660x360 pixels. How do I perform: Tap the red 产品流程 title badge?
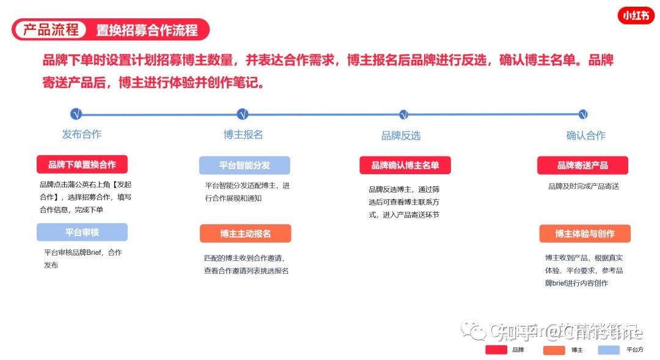pyautogui.click(x=51, y=29)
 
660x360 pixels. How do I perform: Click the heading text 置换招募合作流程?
pyautogui.click(x=147, y=30)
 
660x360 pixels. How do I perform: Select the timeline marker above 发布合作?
pyautogui.click(x=76, y=114)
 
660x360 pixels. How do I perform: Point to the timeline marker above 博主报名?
pyautogui.click(x=243, y=114)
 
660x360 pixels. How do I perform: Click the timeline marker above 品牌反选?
pyautogui.click(x=403, y=114)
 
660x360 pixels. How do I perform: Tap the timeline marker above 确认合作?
pyautogui.click(x=583, y=114)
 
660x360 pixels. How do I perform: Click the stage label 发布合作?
pyautogui.click(x=81, y=134)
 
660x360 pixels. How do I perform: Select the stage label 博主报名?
pyautogui.click(x=243, y=134)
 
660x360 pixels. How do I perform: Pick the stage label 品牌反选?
pyautogui.click(x=401, y=136)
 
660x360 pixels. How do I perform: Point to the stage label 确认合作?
pyautogui.click(x=585, y=136)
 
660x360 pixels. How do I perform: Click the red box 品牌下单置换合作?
pyautogui.click(x=82, y=164)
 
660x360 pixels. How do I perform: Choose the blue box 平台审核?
pyautogui.click(x=82, y=232)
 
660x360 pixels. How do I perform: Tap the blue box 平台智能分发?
pyautogui.click(x=244, y=165)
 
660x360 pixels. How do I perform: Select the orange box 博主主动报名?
pyautogui.click(x=245, y=233)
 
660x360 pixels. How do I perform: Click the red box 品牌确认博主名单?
pyautogui.click(x=405, y=165)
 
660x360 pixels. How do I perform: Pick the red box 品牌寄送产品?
pyautogui.click(x=582, y=165)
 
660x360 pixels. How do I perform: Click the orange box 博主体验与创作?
pyautogui.click(x=585, y=233)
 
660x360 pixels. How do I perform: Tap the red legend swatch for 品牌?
pyautogui.click(x=496, y=350)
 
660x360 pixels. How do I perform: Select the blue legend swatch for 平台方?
pyautogui.click(x=609, y=350)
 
